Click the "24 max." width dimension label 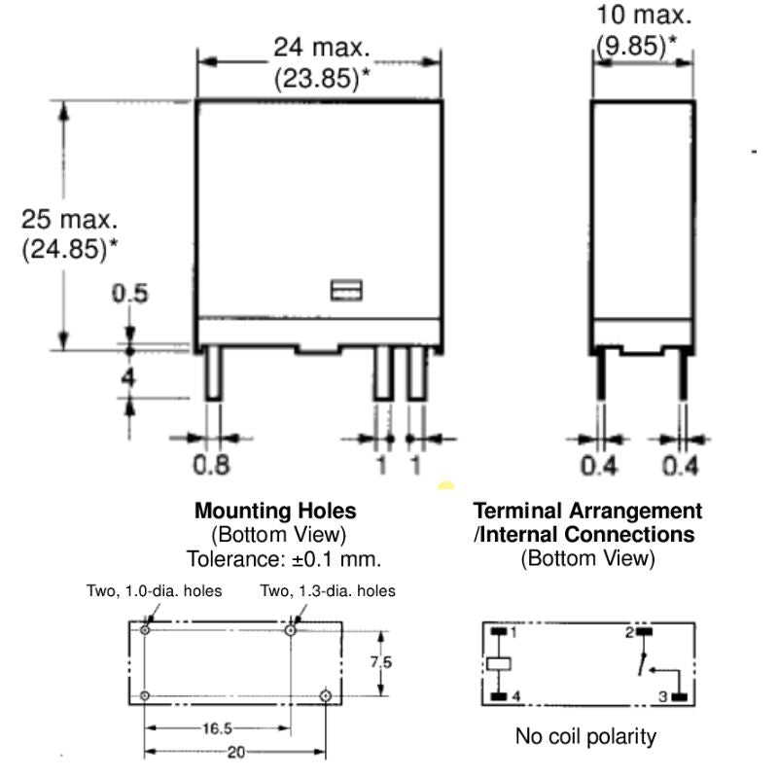coord(321,47)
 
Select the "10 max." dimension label coord(644,15)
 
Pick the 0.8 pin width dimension coord(212,466)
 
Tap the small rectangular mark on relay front coord(346,291)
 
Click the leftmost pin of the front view coord(213,374)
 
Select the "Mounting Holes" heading coord(275,511)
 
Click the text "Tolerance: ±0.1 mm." coord(283,558)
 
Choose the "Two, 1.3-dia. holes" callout coord(328,590)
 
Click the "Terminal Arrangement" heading coord(587,511)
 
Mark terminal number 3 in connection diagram coord(664,696)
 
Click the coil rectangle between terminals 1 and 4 coord(500,663)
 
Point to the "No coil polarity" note coord(585,736)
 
